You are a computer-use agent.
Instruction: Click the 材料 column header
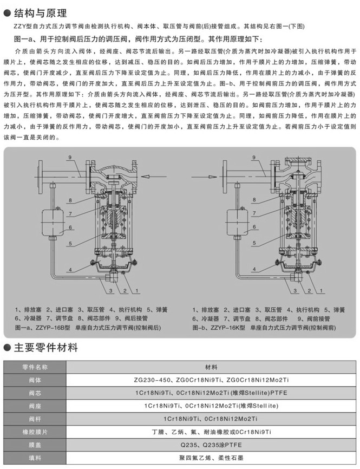point(212,367)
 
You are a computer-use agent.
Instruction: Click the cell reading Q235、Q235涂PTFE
point(212,444)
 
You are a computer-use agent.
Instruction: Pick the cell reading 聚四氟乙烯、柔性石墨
point(212,457)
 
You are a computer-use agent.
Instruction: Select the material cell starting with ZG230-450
point(212,380)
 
